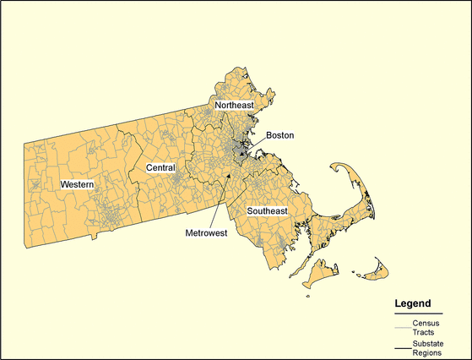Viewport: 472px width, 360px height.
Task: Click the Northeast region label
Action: click(234, 106)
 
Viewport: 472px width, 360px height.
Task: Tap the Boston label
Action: click(279, 135)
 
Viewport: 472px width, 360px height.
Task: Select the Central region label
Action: click(160, 168)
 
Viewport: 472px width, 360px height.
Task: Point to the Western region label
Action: click(77, 183)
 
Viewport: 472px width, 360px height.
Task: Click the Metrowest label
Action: click(206, 232)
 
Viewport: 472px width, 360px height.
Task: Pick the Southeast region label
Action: click(267, 210)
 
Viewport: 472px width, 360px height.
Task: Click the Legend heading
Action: click(413, 303)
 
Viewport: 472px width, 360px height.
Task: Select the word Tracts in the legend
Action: click(424, 333)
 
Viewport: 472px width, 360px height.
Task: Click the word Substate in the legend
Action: click(429, 345)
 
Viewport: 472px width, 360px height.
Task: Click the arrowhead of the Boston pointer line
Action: click(242, 155)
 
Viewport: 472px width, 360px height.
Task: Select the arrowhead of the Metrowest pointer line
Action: click(228, 175)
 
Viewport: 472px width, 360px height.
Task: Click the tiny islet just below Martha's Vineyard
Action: click(308, 295)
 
